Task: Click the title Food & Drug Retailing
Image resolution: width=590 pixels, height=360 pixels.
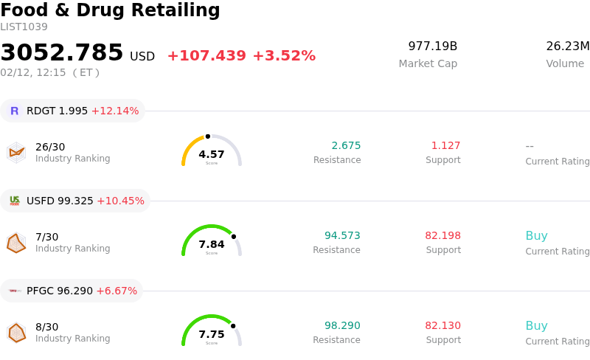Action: point(110,10)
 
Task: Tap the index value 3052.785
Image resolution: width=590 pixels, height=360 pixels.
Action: point(62,53)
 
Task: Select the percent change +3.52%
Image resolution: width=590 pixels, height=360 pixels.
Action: point(284,56)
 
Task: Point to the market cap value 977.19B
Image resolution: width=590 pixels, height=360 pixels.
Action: point(432,46)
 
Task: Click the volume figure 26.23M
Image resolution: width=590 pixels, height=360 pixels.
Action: point(567,46)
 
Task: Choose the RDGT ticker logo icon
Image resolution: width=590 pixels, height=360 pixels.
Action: point(14,111)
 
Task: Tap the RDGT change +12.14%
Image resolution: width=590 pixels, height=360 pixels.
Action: point(115,111)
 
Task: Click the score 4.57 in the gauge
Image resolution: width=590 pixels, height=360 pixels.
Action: point(212,154)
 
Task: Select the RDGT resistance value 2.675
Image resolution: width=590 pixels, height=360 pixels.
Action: point(346,145)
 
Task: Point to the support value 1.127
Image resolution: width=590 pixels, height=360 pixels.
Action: point(445,145)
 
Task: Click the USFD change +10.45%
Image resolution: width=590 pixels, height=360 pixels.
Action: point(120,201)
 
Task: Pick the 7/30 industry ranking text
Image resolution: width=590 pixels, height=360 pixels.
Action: point(46,237)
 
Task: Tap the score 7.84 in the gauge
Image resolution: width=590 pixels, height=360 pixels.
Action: point(212,244)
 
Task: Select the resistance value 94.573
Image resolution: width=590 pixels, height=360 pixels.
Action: point(342,235)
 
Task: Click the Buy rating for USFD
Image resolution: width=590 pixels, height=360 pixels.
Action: point(536,236)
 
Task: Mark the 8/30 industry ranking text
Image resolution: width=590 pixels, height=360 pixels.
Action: point(46,327)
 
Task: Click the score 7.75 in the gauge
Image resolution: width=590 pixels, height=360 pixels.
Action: point(212,334)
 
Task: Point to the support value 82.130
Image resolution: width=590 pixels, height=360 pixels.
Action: point(442,325)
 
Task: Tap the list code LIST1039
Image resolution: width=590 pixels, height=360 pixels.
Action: point(24,27)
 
